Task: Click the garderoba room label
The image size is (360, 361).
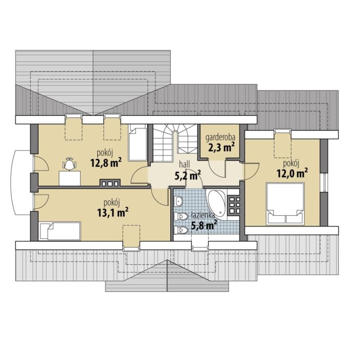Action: [x=220, y=137]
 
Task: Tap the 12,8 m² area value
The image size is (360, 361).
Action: [x=106, y=163]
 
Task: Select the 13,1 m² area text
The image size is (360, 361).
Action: [x=113, y=213]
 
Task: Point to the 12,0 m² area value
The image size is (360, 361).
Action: [x=292, y=173]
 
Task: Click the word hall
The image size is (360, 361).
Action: [x=184, y=164]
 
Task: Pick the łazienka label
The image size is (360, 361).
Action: [x=203, y=216]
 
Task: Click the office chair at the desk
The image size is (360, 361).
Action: [x=69, y=164]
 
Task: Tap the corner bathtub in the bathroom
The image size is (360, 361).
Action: [x=217, y=203]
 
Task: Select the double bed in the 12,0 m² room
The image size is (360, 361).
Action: [x=285, y=203]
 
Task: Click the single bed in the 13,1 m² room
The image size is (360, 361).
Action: [x=60, y=231]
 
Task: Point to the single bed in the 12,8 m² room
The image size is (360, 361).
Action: [x=138, y=142]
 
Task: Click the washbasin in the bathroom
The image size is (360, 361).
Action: [x=178, y=201]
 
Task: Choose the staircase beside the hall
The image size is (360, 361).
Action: [x=175, y=142]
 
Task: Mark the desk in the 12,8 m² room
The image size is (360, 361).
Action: [x=70, y=178]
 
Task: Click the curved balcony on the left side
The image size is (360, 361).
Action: [x=21, y=182]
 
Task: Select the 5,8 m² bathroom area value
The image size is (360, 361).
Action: [x=204, y=225]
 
